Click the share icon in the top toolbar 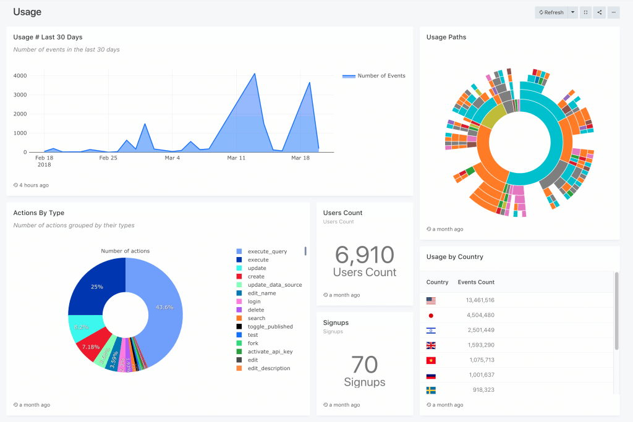tap(599, 12)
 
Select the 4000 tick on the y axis tap(20, 76)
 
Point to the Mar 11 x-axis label tap(236, 158)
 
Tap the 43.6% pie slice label tap(164, 307)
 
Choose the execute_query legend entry tap(267, 251)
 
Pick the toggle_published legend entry tap(270, 327)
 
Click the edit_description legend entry tap(268, 368)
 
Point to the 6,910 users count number tap(364, 255)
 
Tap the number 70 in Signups tap(364, 365)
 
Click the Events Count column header tap(476, 282)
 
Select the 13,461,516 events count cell tap(475, 300)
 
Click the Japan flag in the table tap(431, 315)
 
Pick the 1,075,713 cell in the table tap(478, 360)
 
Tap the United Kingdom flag tap(431, 345)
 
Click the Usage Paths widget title tap(446, 37)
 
